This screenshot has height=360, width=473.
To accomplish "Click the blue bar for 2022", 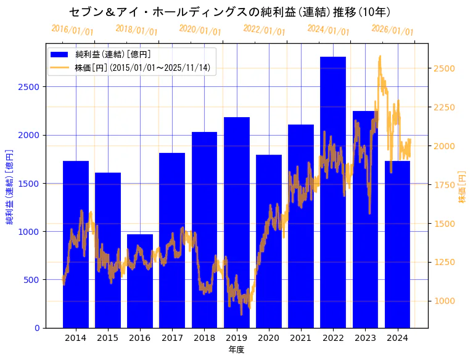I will (333, 192).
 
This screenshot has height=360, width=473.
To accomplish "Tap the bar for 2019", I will (236, 222).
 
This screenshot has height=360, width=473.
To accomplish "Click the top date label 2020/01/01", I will (200, 30).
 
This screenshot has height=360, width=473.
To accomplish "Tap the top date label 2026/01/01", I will (392, 30).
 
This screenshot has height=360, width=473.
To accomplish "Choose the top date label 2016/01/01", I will (72, 30).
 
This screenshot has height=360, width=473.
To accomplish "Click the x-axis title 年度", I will (236, 350).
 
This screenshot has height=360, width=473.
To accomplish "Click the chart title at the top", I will (229, 12).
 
